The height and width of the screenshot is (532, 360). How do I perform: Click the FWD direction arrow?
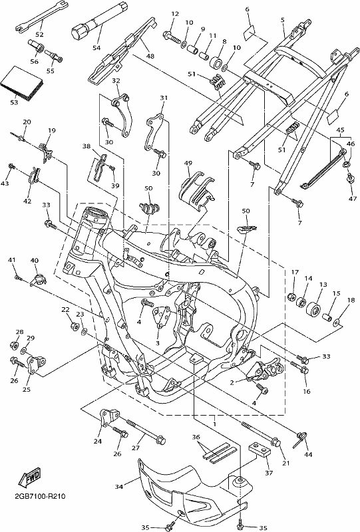[29, 476]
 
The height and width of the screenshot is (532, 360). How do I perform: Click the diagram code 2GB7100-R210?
[40, 496]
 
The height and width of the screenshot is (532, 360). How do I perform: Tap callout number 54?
[96, 48]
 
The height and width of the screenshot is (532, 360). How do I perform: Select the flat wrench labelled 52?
[42, 17]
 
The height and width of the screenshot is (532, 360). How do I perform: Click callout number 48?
[150, 56]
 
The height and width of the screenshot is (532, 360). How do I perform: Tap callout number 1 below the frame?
[214, 424]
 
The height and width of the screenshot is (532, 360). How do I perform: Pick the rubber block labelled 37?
[260, 450]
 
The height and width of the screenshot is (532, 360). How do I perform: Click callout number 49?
[188, 163]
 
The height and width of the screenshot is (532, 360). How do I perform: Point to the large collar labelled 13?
[313, 311]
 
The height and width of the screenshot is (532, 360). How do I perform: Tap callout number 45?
[340, 130]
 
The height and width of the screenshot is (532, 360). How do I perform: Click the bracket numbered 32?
[122, 115]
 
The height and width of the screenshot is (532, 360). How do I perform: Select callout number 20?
[27, 122]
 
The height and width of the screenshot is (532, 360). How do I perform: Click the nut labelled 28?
[15, 345]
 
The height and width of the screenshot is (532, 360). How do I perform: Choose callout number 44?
[309, 454]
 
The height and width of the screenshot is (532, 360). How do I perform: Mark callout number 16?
[307, 391]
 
